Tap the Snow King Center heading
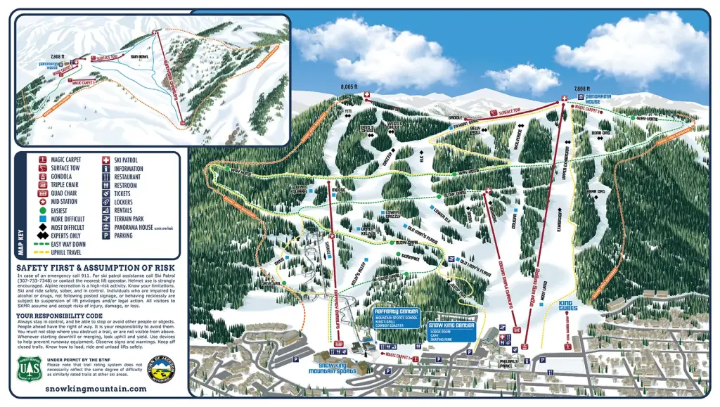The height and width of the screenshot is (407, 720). point(450,325)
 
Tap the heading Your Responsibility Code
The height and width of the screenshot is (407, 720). point(65,316)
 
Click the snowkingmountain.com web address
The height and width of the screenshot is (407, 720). point(96,388)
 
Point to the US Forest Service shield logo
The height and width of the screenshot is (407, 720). point(29,368)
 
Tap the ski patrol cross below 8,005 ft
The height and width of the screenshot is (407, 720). point(366,95)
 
